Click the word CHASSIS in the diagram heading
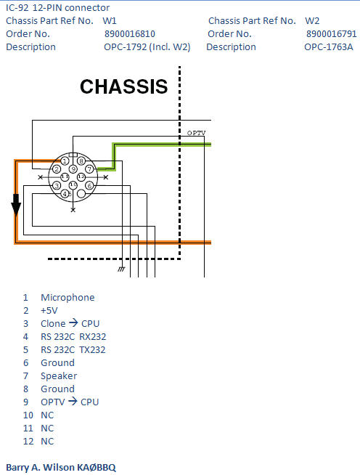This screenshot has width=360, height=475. (123, 87)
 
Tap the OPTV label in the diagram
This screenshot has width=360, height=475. (196, 133)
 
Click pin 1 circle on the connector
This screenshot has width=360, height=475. (65, 161)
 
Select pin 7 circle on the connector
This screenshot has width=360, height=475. (89, 169)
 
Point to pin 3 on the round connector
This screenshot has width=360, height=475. (57, 186)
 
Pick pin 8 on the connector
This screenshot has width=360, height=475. (81, 161)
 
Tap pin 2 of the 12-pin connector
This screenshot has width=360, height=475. (57, 169)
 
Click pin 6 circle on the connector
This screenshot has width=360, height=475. (89, 186)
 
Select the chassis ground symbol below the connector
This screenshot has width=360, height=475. (121, 269)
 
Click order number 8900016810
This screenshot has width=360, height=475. (129, 33)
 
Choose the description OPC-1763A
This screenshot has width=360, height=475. (328, 46)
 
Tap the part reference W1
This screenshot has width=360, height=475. (110, 20)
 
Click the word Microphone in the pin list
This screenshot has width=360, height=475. (67, 297)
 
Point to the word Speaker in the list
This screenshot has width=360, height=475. (59, 375)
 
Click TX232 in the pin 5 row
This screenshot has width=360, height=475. (92, 349)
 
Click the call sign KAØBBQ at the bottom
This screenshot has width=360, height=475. (97, 466)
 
